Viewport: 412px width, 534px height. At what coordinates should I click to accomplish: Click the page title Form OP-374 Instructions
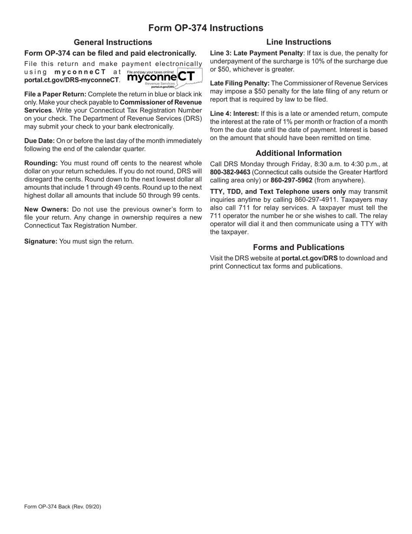pyautogui.click(x=206, y=28)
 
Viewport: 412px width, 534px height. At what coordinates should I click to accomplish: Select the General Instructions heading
pyautogui.click(x=113, y=42)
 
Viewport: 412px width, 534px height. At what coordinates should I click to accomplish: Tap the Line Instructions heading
pyautogui.click(x=298, y=42)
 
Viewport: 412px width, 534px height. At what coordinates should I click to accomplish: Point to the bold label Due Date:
pyautogui.click(x=39, y=141)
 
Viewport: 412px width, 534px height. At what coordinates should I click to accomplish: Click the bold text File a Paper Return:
pyautogui.click(x=55, y=94)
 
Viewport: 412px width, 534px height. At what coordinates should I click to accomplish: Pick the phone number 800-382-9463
pyautogui.click(x=230, y=172)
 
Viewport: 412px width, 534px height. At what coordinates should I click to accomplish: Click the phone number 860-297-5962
pyautogui.click(x=291, y=180)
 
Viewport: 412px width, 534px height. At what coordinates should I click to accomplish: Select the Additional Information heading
pyautogui.click(x=298, y=153)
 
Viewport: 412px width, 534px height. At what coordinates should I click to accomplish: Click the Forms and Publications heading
pyautogui.click(x=298, y=247)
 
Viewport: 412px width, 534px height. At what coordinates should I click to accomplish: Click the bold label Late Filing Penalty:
pyautogui.click(x=239, y=83)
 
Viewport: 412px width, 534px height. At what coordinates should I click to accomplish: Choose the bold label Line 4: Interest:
pyautogui.click(x=234, y=114)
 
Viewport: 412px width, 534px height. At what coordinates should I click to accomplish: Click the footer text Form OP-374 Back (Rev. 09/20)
pyautogui.click(x=63, y=507)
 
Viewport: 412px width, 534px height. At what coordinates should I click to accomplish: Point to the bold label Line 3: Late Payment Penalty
pyautogui.click(x=256, y=53)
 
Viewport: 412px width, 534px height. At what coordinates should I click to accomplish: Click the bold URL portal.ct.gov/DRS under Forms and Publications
pyautogui.click(x=309, y=258)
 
